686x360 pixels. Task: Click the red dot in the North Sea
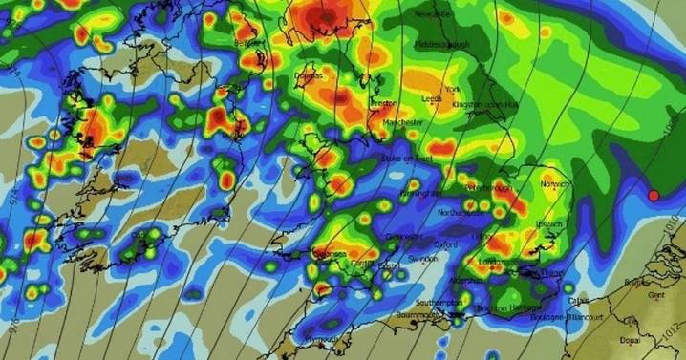coord(654,195)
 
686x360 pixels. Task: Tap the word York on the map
coord(453,88)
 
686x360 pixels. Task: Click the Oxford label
coord(445,244)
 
